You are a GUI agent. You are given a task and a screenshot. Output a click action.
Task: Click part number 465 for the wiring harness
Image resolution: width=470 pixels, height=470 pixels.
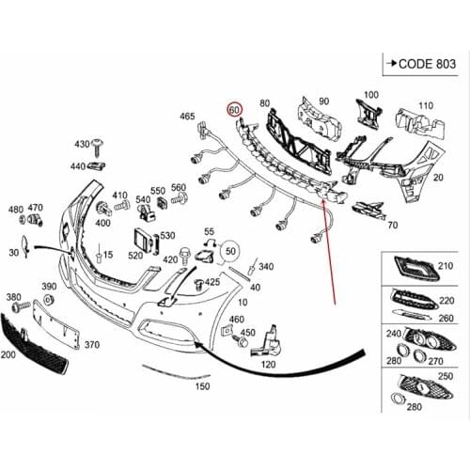(188, 116)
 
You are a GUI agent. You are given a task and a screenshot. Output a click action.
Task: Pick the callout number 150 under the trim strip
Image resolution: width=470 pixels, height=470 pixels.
(202, 385)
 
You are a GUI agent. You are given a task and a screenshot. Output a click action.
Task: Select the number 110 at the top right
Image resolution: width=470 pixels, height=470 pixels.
(426, 105)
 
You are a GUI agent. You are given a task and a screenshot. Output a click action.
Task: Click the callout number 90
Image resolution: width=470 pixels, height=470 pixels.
(323, 102)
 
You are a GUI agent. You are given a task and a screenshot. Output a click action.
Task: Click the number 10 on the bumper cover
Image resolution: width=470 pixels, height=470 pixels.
(243, 301)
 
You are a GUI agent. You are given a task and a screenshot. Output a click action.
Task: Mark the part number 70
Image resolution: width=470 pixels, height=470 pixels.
(391, 226)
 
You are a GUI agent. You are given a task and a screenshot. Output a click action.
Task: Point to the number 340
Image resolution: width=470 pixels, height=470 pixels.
(266, 268)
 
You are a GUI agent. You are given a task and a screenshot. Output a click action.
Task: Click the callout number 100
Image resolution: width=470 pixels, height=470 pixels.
(370, 95)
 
